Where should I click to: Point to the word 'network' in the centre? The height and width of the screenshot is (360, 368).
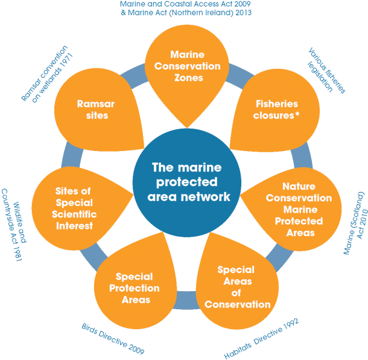pyautogui.click(x=208, y=196)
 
